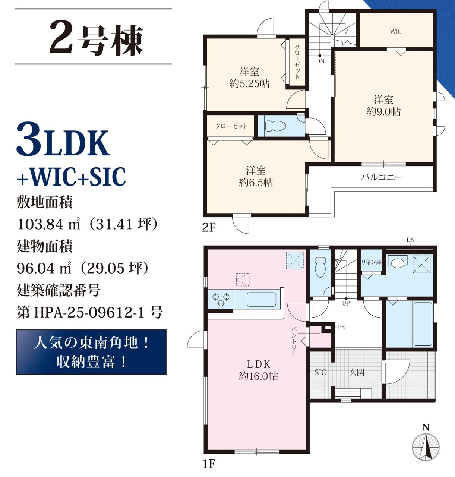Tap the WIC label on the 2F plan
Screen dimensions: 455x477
point(396,32)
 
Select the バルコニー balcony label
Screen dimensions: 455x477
point(382,177)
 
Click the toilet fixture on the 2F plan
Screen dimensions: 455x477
point(275,126)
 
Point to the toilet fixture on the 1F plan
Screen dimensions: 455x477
point(320,267)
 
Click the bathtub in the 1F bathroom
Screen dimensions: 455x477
point(423,324)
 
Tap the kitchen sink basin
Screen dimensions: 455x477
point(261,300)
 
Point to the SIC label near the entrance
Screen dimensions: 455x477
point(320,372)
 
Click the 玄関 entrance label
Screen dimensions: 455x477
point(357,372)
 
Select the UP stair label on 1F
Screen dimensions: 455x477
point(345,303)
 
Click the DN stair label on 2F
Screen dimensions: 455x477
point(320,61)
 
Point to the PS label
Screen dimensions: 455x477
point(341,327)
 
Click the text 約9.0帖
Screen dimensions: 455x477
point(383,111)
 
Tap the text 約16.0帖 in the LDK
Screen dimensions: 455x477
point(258,376)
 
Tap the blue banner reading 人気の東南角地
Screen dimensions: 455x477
point(91,352)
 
